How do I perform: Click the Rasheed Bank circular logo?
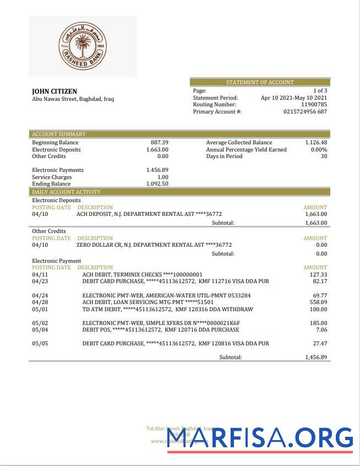click(x=83, y=46)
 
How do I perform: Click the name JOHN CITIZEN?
click(x=54, y=91)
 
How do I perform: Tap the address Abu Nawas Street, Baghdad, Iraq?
click(x=73, y=100)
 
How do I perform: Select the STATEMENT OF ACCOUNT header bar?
click(x=260, y=82)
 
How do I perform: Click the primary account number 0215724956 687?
click(x=305, y=112)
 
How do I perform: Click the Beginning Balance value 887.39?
click(x=159, y=143)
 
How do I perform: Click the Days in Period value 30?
click(x=324, y=156)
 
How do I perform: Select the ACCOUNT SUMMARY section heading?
click(x=59, y=134)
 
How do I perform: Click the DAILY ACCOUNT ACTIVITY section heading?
click(x=66, y=192)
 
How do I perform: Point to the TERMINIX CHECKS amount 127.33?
click(x=318, y=274)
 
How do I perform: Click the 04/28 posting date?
click(x=40, y=302)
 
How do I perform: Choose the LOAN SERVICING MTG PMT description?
click(x=148, y=302)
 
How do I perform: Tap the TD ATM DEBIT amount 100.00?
click(x=318, y=310)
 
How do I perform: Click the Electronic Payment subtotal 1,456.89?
click(x=316, y=357)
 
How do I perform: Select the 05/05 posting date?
click(x=40, y=344)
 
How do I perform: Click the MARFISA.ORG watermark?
click(x=260, y=438)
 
